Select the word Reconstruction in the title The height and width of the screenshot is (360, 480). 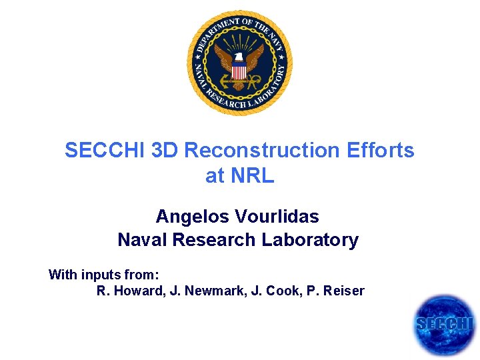coord(262,151)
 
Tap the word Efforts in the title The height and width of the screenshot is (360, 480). coord(381,151)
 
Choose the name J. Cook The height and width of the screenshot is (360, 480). coord(263,291)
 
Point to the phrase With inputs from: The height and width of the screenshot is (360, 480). coord(103,275)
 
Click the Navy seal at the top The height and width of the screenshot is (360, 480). coord(239,63)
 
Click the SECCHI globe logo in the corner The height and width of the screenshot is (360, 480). coord(444,325)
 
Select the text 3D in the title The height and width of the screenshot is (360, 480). coord(165,151)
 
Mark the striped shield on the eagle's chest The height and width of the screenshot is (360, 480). coord(239,69)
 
